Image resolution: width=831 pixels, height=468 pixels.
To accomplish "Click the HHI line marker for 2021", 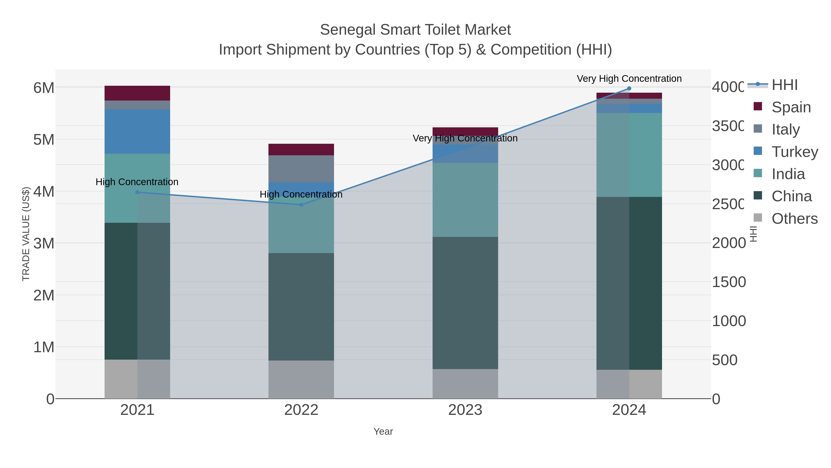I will point(137,192).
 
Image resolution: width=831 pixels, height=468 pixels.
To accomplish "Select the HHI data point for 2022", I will point(301,205).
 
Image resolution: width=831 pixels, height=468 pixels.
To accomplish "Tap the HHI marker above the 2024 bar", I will point(629,89).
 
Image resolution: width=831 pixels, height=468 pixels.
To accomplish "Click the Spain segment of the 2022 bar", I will point(301,150).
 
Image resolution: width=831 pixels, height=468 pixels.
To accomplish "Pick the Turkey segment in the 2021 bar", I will point(137,132).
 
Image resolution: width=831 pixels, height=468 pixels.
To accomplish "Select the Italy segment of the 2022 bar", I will point(301,169).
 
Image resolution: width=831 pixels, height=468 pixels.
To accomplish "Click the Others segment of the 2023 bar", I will point(465,384).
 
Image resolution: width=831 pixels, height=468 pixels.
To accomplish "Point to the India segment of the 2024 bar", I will point(629,155).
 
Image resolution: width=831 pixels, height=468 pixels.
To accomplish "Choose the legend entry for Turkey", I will point(794,152).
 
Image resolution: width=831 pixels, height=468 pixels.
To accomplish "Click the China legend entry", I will point(791,196).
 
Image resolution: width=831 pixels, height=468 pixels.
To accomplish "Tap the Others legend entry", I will point(794,219).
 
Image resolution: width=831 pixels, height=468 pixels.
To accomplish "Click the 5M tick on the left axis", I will point(44,140).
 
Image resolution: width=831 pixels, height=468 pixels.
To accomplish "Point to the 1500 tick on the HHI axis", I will point(729,282).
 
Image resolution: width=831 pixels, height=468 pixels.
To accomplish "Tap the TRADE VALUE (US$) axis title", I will point(26,234).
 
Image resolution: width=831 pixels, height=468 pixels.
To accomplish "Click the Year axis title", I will point(383,431).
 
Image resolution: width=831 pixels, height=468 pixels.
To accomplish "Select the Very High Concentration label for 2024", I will point(629,79).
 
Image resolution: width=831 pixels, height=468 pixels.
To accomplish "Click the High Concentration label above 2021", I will point(137,182).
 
